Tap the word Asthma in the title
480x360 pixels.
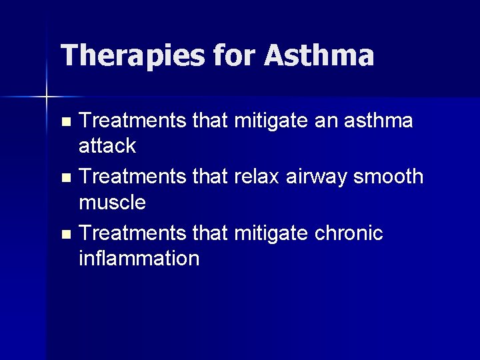click(319, 55)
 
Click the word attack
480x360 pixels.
click(107, 145)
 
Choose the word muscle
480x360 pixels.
click(112, 201)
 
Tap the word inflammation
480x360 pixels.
click(139, 257)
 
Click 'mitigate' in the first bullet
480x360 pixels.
click(271, 121)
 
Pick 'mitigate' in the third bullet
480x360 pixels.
click(271, 233)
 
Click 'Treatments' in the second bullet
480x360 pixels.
click(133, 177)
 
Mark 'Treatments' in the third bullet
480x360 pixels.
click(133, 233)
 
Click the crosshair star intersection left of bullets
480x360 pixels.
click(47, 97)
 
